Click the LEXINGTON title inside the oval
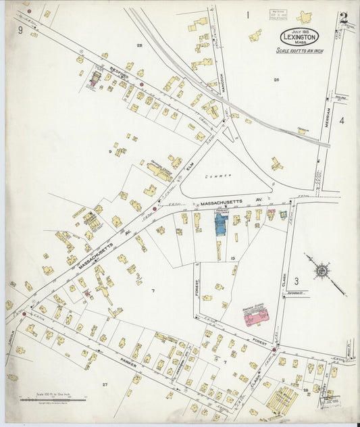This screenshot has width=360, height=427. [x=298, y=38]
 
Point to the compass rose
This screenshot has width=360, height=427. [x=322, y=271]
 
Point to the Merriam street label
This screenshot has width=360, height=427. [x=328, y=118]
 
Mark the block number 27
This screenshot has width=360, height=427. [x=105, y=384]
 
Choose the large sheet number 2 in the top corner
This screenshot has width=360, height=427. [x=344, y=18]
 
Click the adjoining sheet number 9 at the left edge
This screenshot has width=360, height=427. [x=21, y=30]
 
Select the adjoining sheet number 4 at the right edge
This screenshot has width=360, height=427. [x=342, y=121]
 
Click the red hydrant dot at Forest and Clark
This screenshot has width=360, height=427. [x=275, y=349]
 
